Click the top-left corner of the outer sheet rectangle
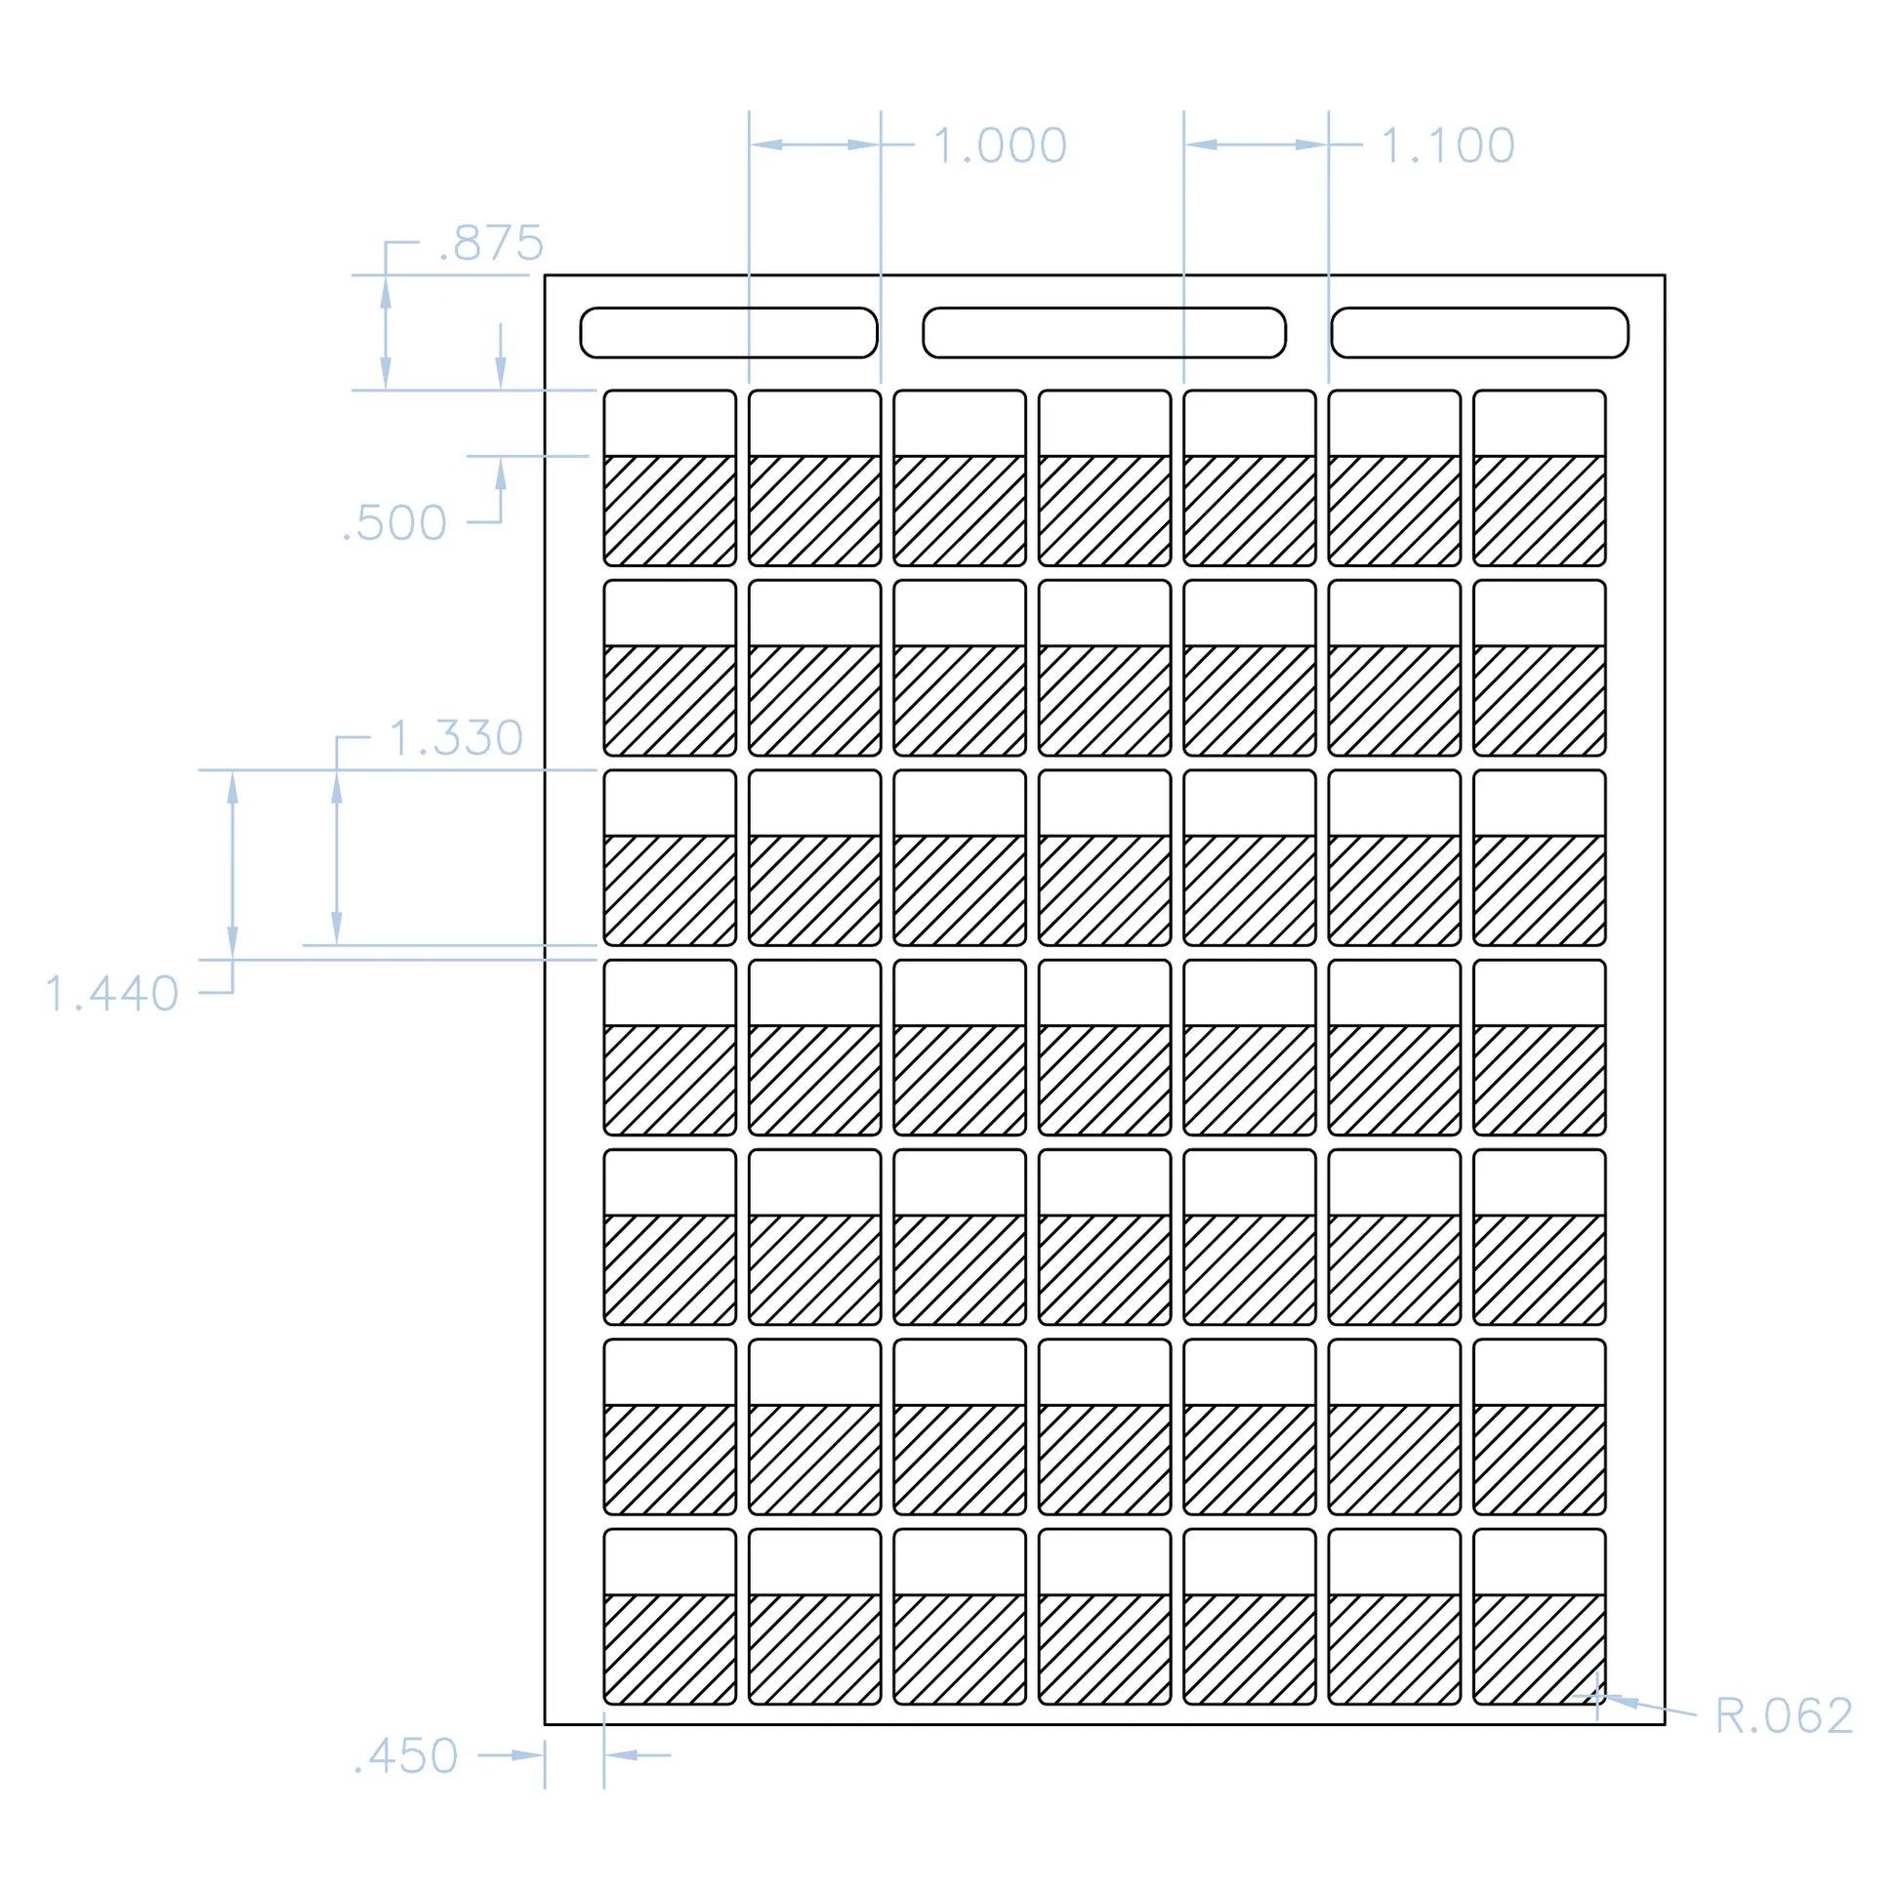[545, 275]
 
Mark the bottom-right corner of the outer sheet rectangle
[1665, 1724]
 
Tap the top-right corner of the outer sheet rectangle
[1665, 275]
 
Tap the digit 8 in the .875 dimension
[466, 243]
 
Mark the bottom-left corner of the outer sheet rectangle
[545, 1724]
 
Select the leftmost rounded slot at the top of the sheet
[728, 332]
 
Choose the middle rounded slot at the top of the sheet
[1104, 332]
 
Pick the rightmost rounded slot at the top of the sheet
[1480, 332]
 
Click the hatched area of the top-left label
[670, 511]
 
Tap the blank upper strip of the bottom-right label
[1539, 1562]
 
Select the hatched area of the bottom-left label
[670, 1648]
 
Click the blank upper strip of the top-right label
[1539, 423]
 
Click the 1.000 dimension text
[1000, 145]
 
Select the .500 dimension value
[394, 523]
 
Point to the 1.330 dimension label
[456, 737]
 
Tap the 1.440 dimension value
[112, 993]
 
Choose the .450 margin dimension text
[406, 1756]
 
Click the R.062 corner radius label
[1784, 1716]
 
